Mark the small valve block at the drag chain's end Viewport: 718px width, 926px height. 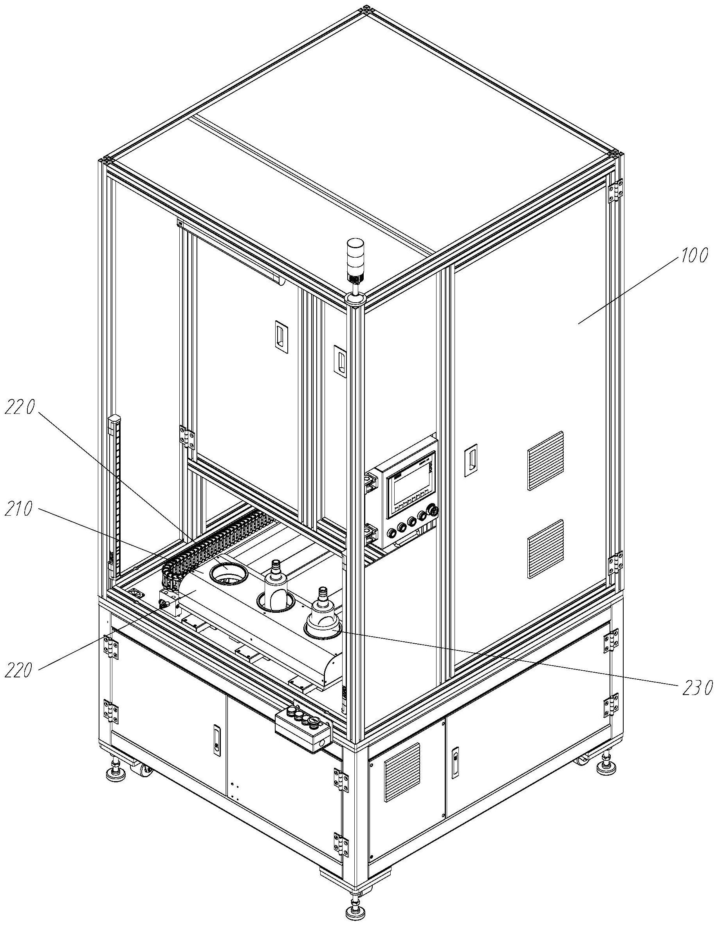click(170, 602)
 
